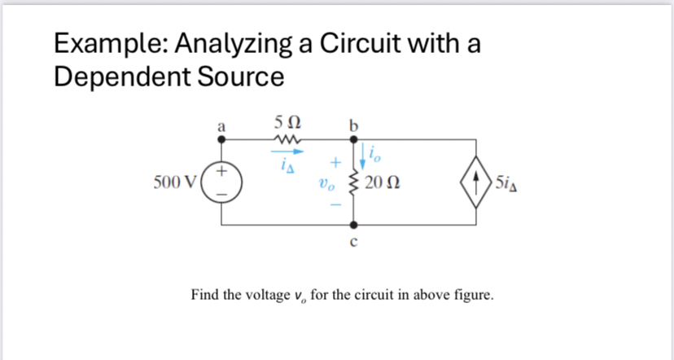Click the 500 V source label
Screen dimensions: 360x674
[173, 180]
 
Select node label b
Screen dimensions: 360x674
[352, 125]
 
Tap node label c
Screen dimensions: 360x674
[353, 241]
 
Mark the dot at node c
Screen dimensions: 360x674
[353, 223]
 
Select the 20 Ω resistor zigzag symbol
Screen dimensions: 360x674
[353, 181]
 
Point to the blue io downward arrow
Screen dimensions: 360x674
[359, 152]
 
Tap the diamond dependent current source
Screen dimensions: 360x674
[476, 181]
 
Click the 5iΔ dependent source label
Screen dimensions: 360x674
[510, 181]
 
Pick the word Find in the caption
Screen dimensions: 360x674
[205, 294]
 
